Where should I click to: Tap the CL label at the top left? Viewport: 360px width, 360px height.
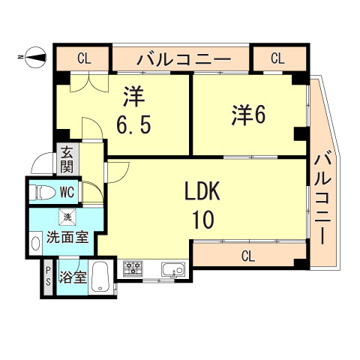pyautogui.click(x=83, y=57)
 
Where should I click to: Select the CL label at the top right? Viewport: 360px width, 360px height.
pyautogui.click(x=277, y=57)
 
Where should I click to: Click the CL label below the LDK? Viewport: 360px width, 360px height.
pyautogui.click(x=247, y=256)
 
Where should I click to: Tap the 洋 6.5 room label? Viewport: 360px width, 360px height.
pyautogui.click(x=136, y=110)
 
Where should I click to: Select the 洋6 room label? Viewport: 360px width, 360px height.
pyautogui.click(x=247, y=114)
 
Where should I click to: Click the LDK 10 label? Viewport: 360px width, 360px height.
pyautogui.click(x=202, y=205)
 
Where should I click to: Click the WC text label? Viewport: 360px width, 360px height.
pyautogui.click(x=67, y=191)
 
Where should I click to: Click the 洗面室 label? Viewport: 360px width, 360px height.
pyautogui.click(x=67, y=238)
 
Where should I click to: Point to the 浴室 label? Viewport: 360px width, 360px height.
pyautogui.click(x=73, y=276)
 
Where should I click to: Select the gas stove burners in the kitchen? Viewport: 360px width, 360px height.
pyautogui.click(x=133, y=267)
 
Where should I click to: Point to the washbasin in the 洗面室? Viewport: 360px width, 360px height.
pyautogui.click(x=35, y=243)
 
